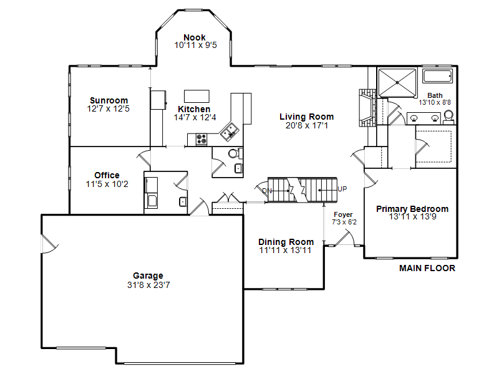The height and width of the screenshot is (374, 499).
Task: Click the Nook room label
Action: tap(195, 37)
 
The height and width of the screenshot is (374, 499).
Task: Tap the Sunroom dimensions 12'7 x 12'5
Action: tap(108, 108)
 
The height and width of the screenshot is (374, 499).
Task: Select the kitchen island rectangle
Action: tap(196, 96)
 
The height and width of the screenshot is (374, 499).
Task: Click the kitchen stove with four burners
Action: tap(201, 139)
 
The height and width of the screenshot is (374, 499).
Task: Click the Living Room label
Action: tap(306, 117)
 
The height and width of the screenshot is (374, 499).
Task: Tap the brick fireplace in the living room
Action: tap(367, 108)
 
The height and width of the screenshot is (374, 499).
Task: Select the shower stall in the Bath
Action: tap(397, 83)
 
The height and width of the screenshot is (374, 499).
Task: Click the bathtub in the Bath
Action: tap(437, 76)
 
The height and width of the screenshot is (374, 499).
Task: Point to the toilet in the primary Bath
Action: tap(448, 117)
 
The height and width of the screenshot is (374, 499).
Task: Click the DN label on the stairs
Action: tap(267, 191)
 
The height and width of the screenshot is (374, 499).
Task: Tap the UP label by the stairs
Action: tap(342, 189)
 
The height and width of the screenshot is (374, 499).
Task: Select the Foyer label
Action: tap(343, 214)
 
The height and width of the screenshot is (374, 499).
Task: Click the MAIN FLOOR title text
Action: tap(427, 268)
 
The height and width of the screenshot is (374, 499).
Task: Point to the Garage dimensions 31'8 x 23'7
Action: tap(148, 285)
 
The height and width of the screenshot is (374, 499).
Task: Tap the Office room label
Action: tap(107, 175)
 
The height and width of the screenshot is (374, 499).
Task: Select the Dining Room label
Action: tap(286, 242)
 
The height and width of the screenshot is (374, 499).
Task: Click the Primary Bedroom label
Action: tap(412, 209)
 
